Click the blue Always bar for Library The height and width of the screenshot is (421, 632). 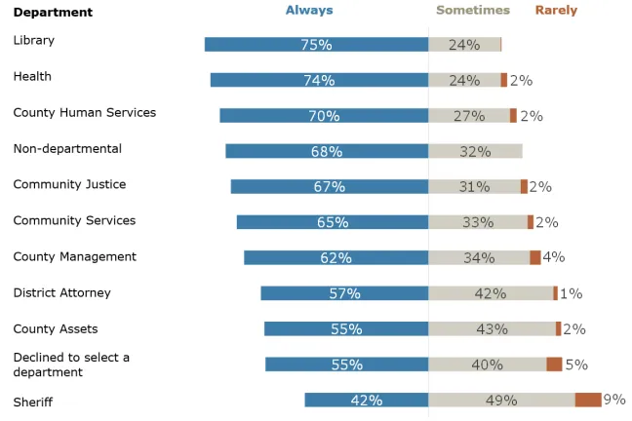316,45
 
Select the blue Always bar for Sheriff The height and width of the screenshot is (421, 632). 366,400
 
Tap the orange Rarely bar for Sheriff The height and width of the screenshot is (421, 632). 587,400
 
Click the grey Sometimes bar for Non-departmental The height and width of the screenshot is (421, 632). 475,151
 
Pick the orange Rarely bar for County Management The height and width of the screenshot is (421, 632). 535,257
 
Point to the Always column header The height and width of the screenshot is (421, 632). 308,11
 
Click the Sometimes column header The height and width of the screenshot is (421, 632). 472,11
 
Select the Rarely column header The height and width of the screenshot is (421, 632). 556,11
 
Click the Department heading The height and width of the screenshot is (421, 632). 53,13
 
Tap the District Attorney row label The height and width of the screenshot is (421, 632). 61,292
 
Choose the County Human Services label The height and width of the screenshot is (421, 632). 84,113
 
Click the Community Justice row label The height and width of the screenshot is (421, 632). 69,184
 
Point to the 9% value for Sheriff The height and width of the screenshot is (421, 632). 614,400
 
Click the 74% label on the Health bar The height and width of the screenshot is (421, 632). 319,81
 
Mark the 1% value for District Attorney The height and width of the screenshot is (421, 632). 572,293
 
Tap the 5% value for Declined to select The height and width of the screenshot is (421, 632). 576,364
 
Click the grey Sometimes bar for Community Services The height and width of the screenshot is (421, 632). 478,222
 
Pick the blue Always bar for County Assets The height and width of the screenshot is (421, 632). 346,329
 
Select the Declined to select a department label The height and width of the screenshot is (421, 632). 71,364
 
